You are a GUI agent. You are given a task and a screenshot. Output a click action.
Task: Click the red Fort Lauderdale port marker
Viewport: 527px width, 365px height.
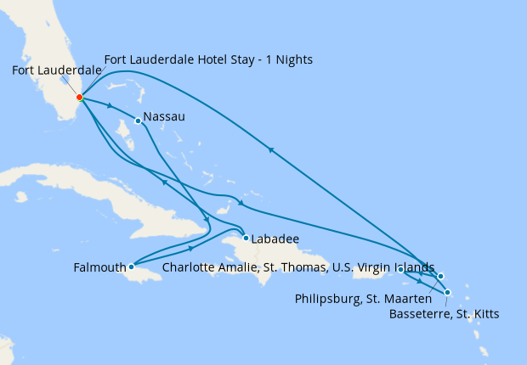79,97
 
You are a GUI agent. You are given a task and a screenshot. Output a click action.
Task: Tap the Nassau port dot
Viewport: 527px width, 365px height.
138,121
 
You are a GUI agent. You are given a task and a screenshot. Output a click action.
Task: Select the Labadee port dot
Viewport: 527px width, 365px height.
246,238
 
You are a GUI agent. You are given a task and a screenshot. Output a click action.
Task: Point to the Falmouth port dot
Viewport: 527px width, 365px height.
131,267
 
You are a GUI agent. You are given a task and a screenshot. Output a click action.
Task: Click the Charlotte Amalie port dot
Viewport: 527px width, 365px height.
400,269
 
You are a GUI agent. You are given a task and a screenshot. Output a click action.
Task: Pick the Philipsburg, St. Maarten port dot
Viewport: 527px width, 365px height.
440,276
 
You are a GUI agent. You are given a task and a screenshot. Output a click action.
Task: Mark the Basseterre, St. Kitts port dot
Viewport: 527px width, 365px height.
448,293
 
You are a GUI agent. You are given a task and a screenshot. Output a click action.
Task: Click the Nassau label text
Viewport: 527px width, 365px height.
166,116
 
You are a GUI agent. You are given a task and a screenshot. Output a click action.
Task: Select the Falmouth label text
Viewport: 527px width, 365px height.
99,268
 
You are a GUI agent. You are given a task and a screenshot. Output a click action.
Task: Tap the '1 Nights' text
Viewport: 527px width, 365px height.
293,60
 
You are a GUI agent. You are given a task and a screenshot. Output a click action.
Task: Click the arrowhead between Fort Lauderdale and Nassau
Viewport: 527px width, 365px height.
110,106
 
